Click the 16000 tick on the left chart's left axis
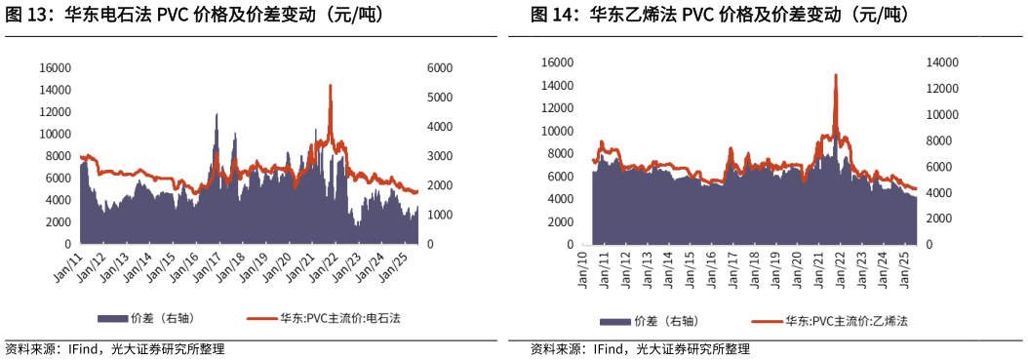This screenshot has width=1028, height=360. (x=55, y=68)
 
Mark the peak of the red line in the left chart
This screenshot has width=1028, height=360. (x=331, y=86)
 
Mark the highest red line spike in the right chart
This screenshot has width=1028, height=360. (x=836, y=75)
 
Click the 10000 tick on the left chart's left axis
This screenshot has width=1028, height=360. (x=55, y=134)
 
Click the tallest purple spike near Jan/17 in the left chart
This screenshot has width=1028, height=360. (x=216, y=114)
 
